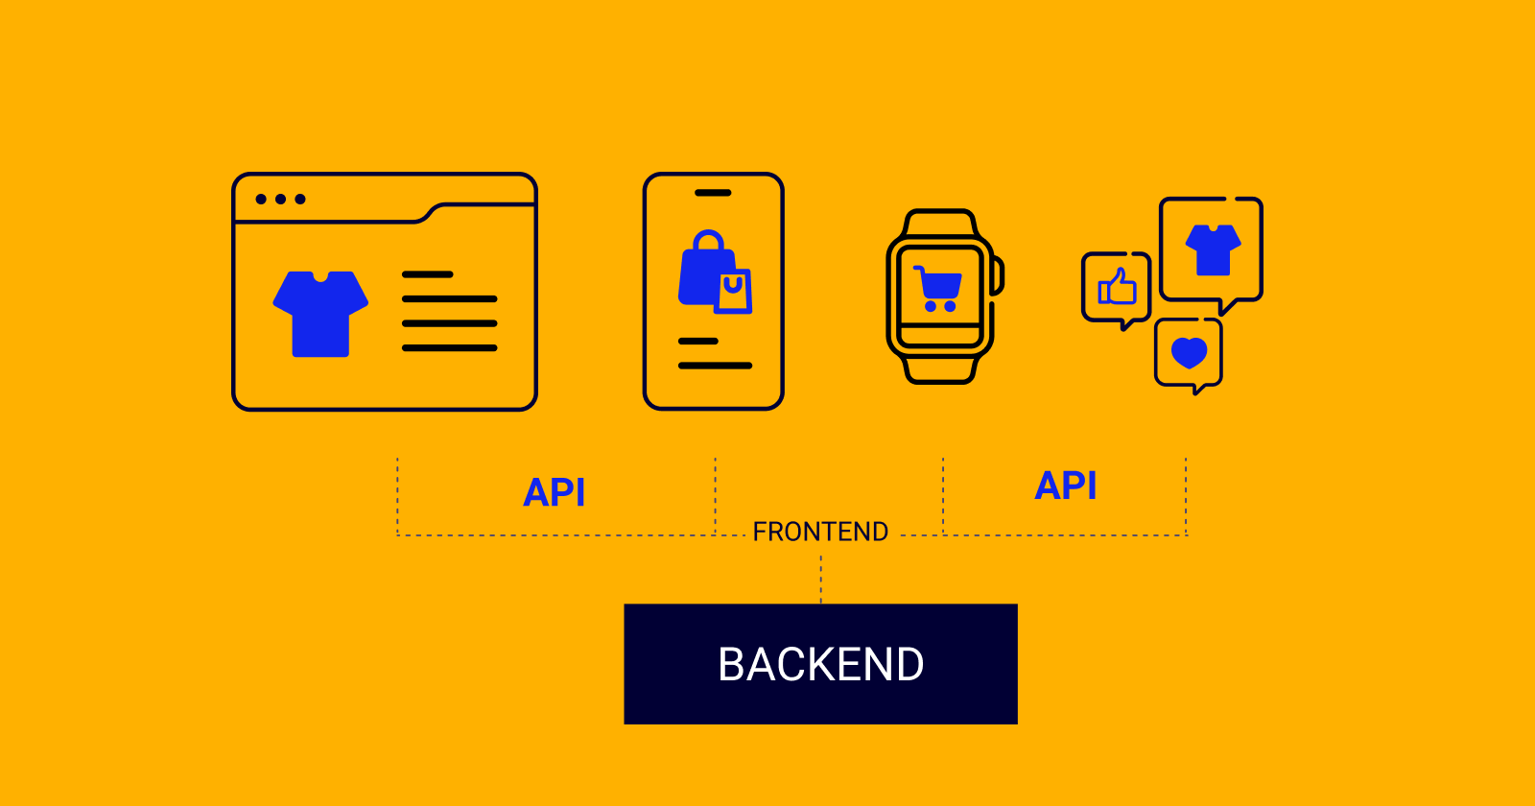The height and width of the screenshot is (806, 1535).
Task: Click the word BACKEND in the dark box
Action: [820, 664]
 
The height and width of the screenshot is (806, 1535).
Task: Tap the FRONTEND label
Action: [820, 532]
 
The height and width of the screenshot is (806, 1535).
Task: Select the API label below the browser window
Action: [554, 492]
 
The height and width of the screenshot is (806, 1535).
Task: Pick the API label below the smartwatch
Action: [1065, 486]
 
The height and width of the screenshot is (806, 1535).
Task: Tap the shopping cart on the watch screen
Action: [938, 288]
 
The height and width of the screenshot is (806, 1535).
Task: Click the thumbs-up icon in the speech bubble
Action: [1117, 287]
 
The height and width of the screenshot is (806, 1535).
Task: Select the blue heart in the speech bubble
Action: [1189, 353]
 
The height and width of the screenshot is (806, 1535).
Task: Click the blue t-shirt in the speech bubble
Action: [1213, 249]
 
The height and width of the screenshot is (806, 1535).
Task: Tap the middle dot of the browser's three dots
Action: [281, 200]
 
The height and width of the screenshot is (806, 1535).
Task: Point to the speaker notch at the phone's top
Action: [713, 193]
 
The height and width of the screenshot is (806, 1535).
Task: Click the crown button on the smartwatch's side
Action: [999, 274]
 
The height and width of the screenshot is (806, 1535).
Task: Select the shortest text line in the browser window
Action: [427, 274]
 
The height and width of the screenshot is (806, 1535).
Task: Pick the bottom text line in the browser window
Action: [449, 347]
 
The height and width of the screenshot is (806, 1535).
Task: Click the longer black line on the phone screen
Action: [715, 366]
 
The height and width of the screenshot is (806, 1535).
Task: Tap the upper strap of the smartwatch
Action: [940, 223]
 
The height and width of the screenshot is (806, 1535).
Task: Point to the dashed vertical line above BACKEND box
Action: [821, 579]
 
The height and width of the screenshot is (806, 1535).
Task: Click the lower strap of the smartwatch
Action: [940, 369]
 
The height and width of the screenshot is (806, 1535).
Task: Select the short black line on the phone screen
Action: [697, 341]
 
